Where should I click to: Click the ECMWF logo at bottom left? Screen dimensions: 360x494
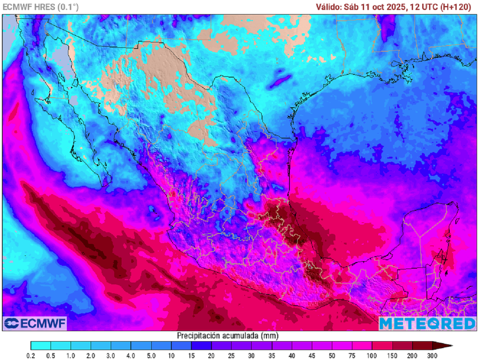coord(34,323)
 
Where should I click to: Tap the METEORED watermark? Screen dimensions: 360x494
coord(427,323)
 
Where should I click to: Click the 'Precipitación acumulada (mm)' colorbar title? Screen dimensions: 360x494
coord(228,335)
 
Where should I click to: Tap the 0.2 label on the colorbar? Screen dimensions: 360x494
coord(31,356)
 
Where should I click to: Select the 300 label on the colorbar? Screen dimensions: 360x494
coord(432,356)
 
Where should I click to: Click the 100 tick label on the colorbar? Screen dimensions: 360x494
coord(372,356)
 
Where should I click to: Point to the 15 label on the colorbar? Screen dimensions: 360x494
coord(192,356)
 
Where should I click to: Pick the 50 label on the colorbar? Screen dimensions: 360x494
coord(332,356)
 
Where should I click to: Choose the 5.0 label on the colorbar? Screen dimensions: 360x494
coord(151,356)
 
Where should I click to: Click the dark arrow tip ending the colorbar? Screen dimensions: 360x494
coord(446,346)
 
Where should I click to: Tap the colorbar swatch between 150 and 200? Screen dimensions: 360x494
coord(402,346)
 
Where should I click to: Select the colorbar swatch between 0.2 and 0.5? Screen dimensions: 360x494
coord(41,346)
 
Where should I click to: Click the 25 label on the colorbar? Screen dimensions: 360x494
coord(232,356)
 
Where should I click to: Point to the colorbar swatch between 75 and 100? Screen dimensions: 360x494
coord(362,346)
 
